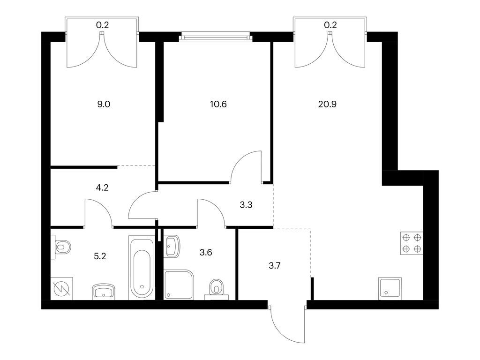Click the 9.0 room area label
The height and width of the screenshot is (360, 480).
103,105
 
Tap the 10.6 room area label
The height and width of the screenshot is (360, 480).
218,105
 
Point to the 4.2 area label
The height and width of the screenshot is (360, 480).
102,187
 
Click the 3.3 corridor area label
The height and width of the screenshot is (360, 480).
246,204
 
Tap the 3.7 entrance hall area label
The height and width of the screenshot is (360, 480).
275,266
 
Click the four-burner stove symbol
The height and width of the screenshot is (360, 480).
412,244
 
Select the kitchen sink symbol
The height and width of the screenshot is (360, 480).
390,287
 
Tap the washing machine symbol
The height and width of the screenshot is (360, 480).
61,288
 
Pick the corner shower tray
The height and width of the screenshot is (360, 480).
179,284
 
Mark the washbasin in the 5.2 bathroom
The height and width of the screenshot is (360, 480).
104,292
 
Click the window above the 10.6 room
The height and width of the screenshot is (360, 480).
215,36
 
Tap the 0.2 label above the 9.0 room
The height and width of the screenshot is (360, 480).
103,25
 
